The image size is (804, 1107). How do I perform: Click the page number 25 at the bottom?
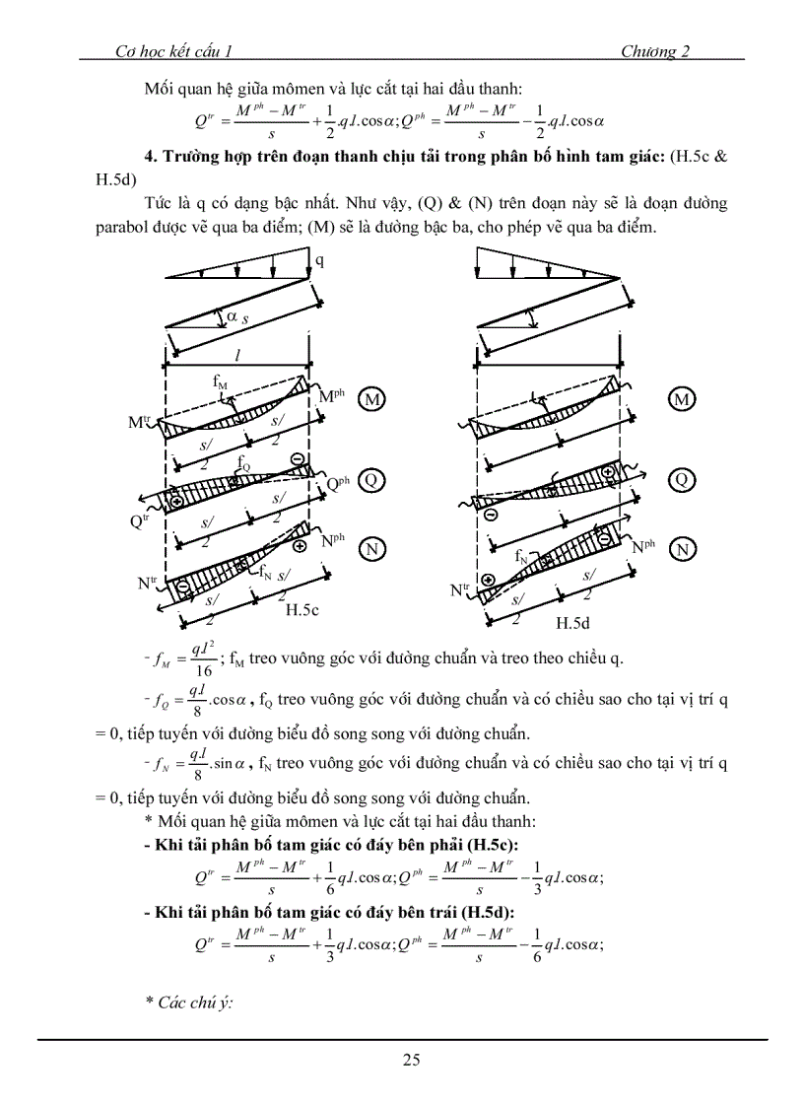tap(411, 1060)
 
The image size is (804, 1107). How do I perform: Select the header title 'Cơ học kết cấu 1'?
tap(171, 52)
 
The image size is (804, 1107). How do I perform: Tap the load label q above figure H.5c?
tap(318, 261)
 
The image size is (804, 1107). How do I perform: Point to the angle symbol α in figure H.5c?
tap(231, 315)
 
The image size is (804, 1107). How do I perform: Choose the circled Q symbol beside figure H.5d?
tap(680, 480)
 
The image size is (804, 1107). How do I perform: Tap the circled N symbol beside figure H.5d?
tap(680, 549)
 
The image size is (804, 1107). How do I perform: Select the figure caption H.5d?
tap(573, 623)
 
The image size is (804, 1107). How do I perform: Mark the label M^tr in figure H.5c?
tap(141, 422)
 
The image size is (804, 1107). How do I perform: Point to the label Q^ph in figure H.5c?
tap(338, 484)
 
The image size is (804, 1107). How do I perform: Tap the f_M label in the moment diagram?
tap(220, 379)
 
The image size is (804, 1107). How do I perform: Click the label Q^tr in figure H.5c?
tap(140, 522)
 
